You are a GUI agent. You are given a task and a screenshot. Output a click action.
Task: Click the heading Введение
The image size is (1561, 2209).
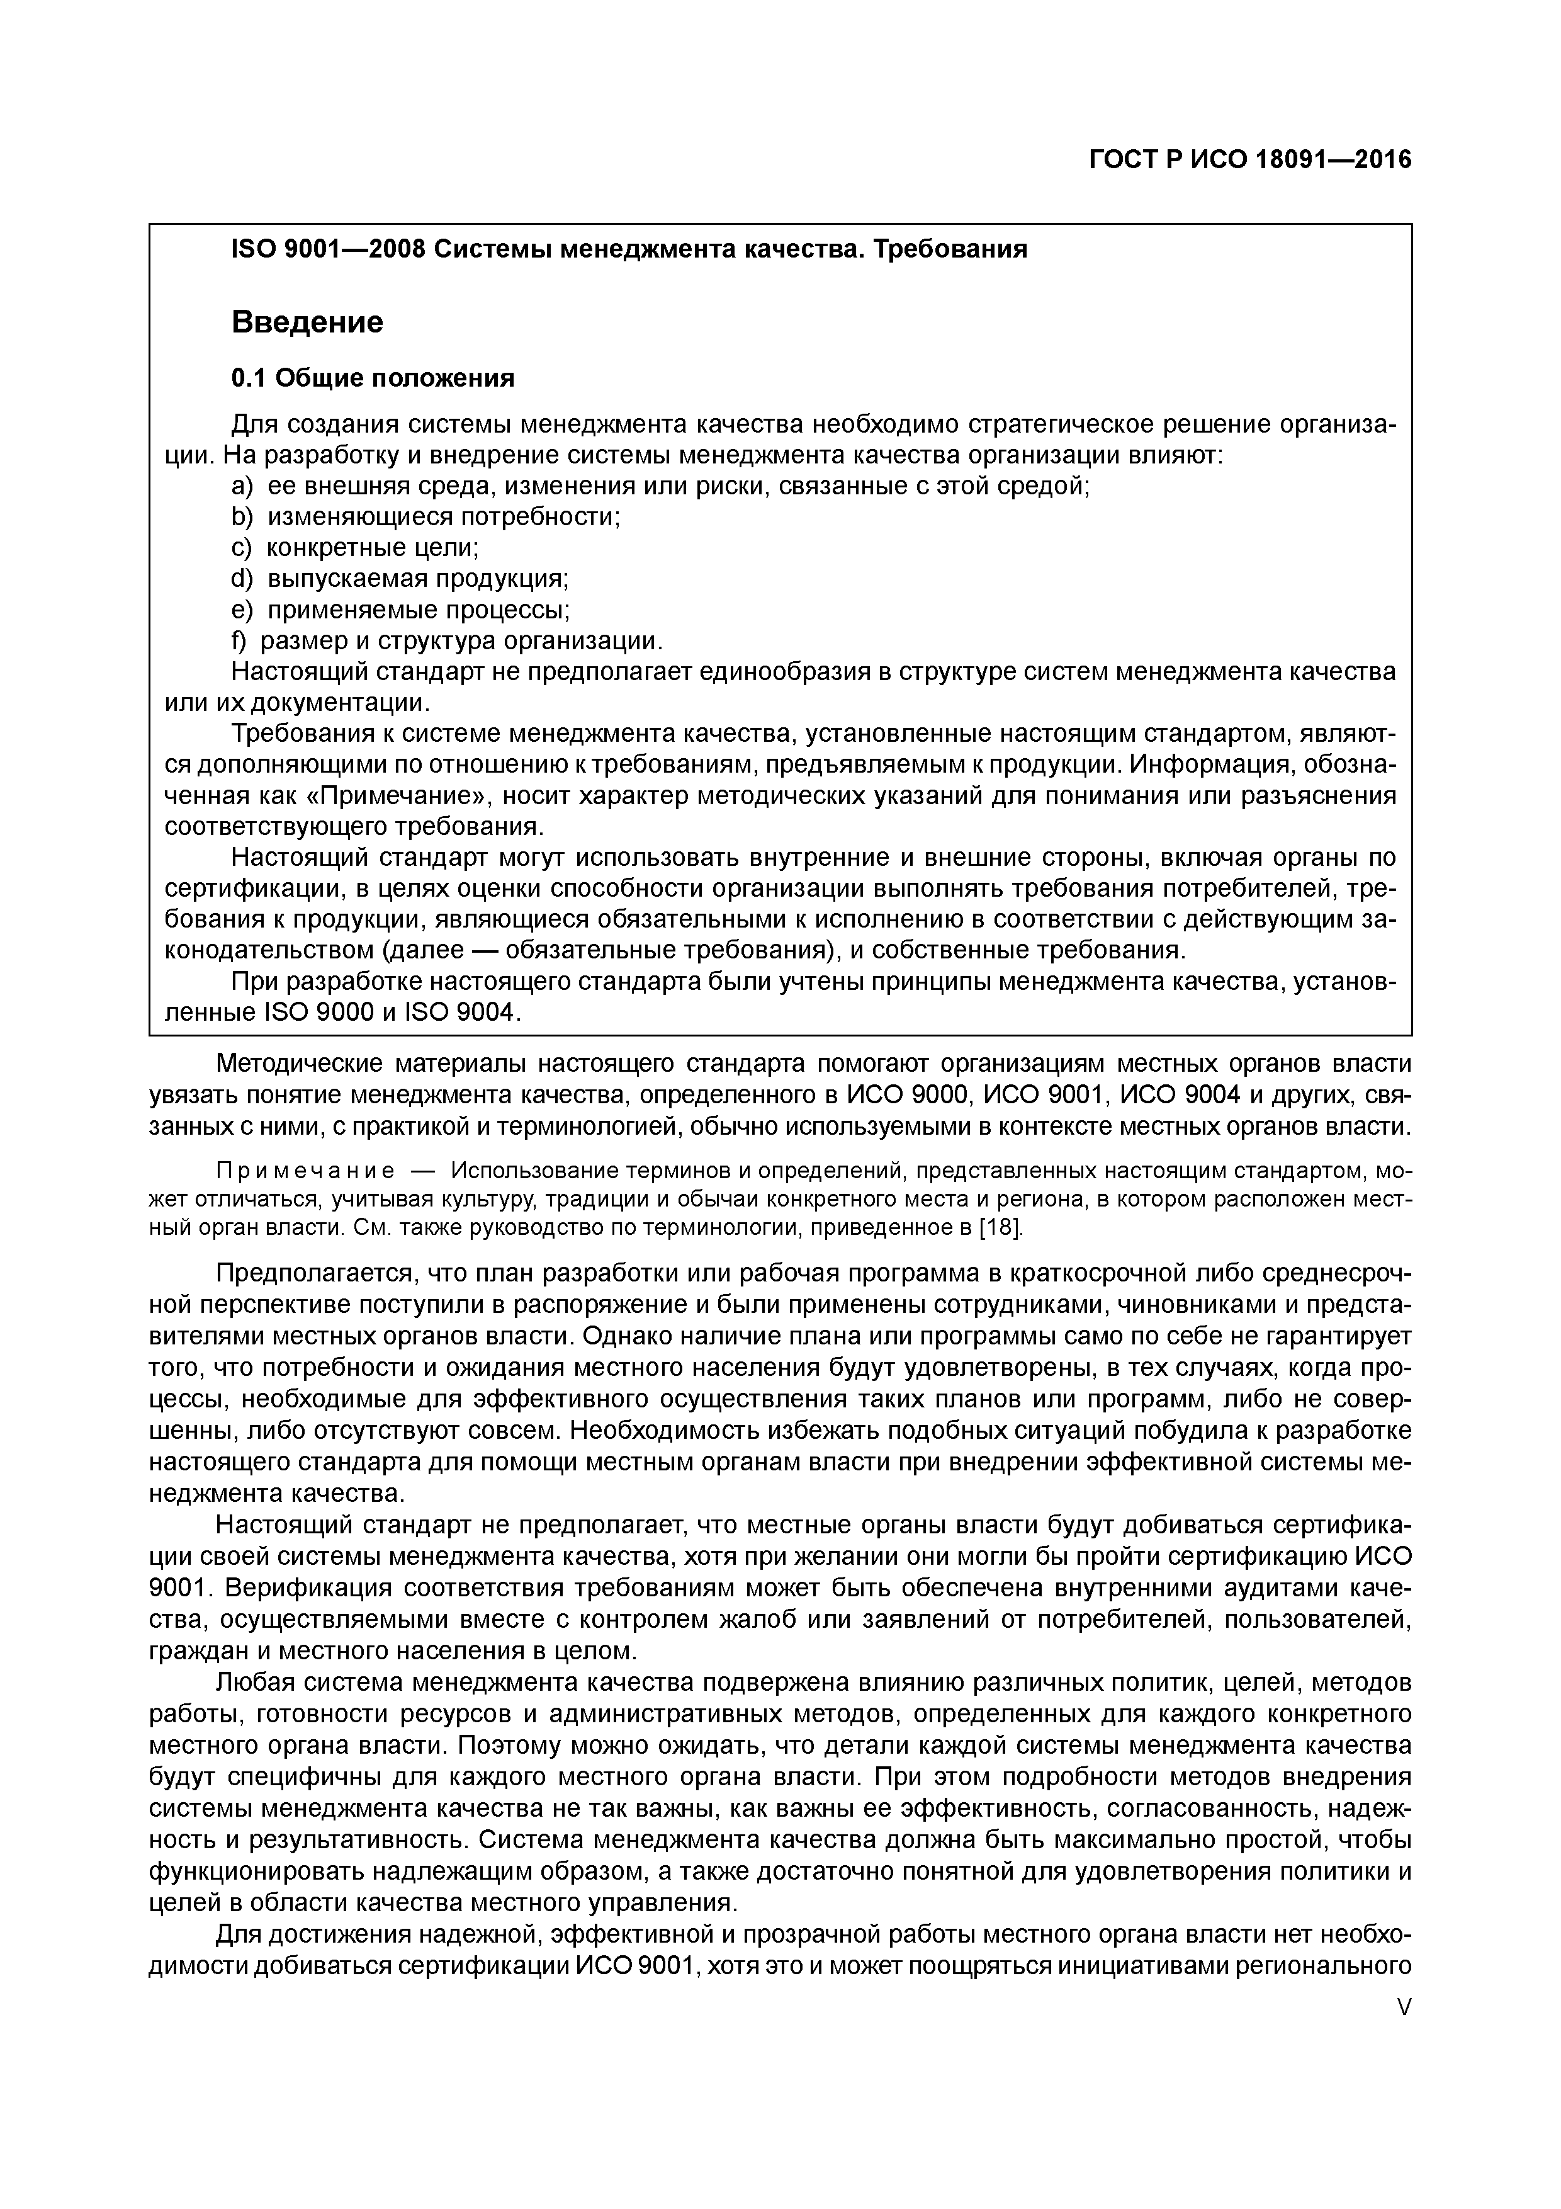point(307,321)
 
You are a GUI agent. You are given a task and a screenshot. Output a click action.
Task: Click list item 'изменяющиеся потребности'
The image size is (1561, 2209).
point(443,518)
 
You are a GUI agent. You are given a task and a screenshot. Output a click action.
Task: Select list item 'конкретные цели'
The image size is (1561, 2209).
point(372,548)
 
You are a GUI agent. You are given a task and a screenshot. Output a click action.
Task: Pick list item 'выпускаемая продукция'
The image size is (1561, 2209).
point(417,579)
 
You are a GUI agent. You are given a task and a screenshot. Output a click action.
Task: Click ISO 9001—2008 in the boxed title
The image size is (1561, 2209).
point(327,249)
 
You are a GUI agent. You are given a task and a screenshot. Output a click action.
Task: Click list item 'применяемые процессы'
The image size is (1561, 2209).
point(419,610)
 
